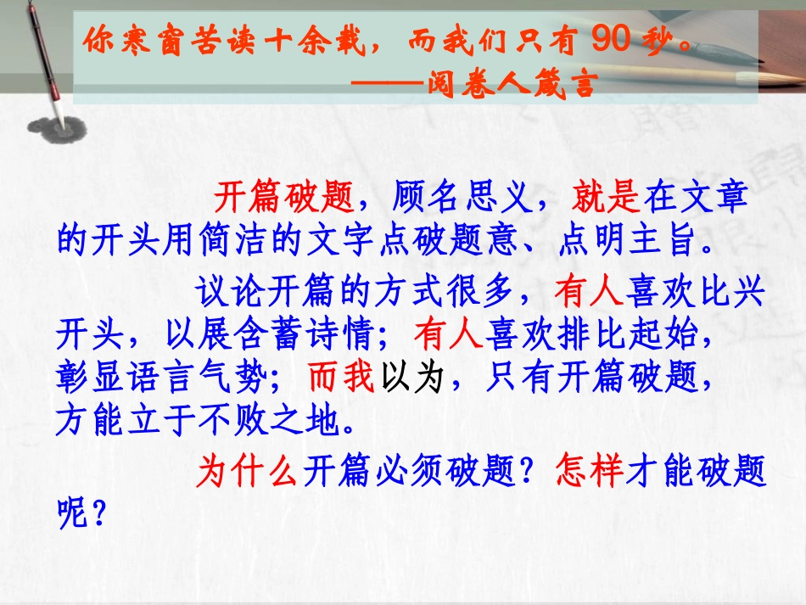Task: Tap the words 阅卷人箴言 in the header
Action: click(x=523, y=82)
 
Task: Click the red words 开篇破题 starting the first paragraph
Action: click(x=282, y=199)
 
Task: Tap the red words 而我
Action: click(x=341, y=378)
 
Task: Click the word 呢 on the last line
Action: click(x=73, y=513)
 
